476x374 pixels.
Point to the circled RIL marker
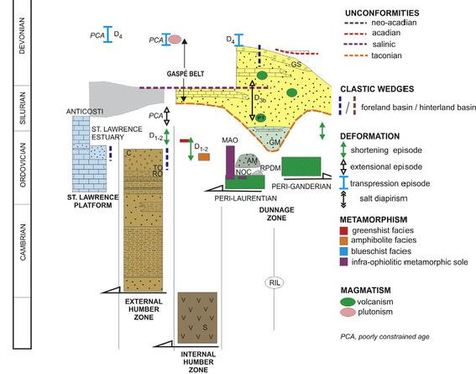[x=275, y=282]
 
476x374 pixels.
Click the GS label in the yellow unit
[x=296, y=65]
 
